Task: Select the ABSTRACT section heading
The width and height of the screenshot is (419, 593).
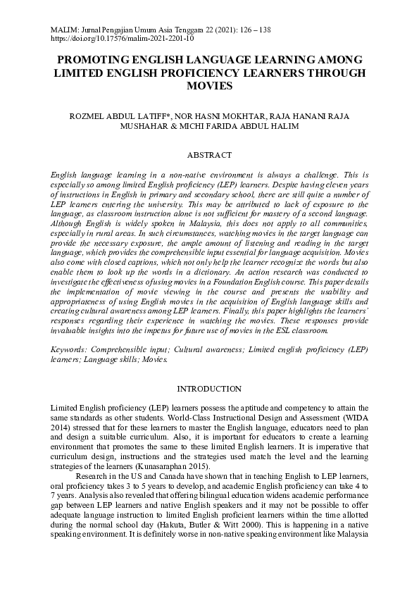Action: pos(209,154)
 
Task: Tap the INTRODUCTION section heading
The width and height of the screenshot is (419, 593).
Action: pos(209,389)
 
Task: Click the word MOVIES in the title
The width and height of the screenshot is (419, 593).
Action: pos(209,85)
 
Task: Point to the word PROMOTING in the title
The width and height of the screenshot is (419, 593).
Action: pos(95,61)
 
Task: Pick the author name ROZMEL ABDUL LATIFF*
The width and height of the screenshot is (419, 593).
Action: pos(112,116)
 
